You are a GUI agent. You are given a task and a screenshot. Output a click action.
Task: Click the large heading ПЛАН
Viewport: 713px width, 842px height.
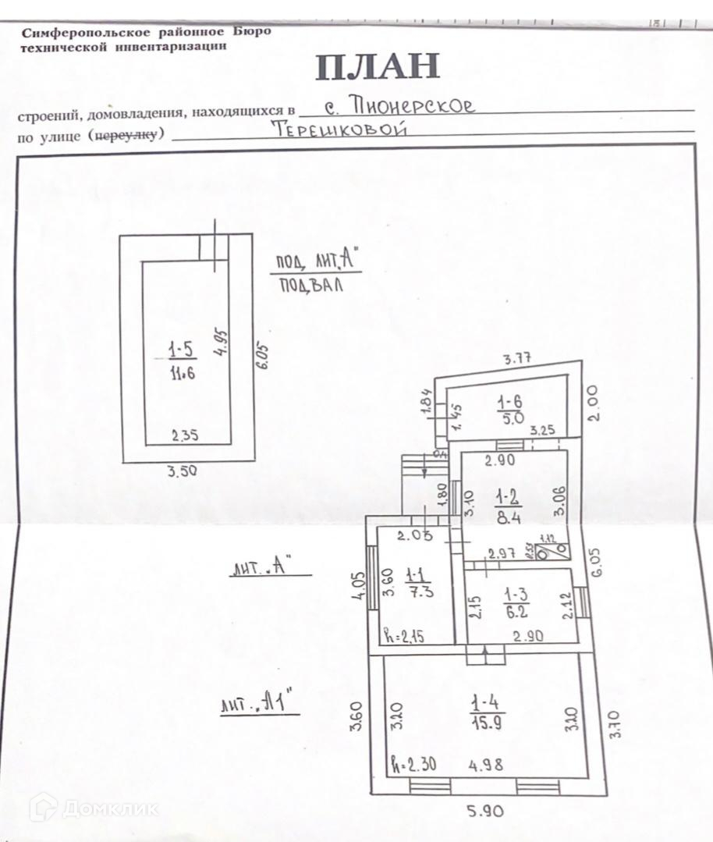378,68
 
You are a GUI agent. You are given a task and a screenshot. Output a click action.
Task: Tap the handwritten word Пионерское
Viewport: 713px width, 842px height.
413,105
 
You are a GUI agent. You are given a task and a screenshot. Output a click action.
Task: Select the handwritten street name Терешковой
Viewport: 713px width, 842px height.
341,130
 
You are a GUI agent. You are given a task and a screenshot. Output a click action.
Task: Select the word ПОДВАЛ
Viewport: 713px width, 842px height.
311,286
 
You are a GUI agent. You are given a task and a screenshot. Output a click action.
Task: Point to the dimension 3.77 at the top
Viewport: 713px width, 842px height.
517,360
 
